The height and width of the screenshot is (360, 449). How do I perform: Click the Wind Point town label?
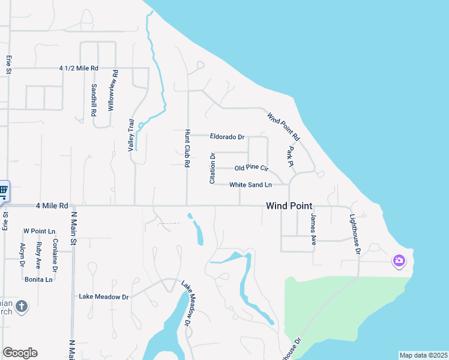(289, 206)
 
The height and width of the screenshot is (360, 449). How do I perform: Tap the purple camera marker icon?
(399, 260)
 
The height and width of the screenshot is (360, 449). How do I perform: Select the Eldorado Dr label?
(227, 137)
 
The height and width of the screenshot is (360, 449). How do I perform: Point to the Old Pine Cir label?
(251, 168)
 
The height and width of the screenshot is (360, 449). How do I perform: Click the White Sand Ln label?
(250, 185)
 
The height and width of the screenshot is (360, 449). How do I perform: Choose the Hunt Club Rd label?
(188, 148)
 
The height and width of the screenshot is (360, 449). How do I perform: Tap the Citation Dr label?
(212, 169)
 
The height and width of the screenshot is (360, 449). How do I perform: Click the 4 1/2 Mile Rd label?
(79, 68)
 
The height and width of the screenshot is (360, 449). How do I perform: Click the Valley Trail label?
(131, 135)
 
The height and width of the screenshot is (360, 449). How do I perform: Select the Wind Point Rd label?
(283, 127)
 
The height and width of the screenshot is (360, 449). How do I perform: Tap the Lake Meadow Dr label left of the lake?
(104, 296)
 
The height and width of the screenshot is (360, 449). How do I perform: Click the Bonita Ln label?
(38, 279)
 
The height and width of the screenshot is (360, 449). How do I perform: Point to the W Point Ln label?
(39, 231)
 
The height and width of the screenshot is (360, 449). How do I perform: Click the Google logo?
(20, 353)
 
